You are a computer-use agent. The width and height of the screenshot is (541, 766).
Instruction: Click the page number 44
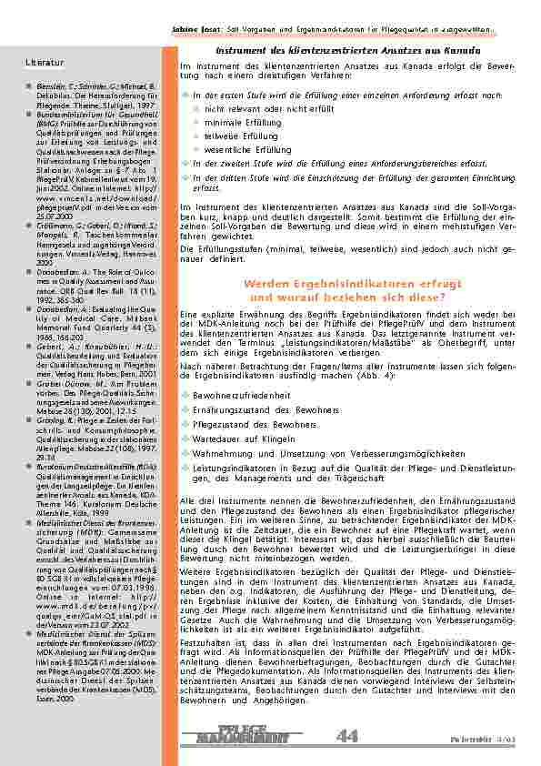pyautogui.click(x=346, y=736)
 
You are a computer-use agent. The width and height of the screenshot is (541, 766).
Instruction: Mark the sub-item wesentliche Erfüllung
pyautogui.click(x=247, y=149)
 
